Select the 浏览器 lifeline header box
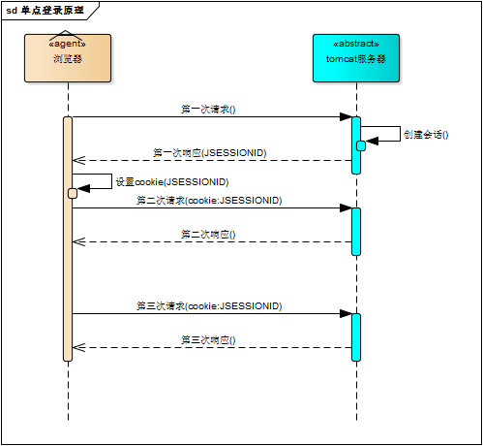(68, 58)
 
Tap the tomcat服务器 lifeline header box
(355, 58)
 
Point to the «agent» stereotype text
(68, 45)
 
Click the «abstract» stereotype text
(355, 45)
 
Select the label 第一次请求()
(208, 110)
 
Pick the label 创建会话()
(425, 134)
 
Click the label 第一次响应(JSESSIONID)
(210, 153)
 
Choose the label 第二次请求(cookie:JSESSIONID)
(208, 200)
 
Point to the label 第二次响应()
(208, 235)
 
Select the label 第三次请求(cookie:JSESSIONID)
(208, 305)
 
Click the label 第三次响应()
(208, 340)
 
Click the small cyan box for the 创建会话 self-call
(361, 145)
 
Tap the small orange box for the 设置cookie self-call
(73, 193)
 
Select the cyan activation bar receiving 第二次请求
(355, 231)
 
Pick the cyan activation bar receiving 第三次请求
(355, 336)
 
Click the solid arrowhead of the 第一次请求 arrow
(345, 117)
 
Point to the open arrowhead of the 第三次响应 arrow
(79, 348)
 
